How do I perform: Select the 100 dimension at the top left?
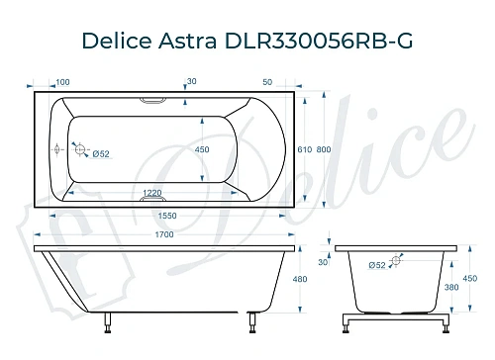63,81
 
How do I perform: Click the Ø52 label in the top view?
99,153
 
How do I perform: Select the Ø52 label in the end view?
376,265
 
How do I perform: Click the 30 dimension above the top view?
191,81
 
